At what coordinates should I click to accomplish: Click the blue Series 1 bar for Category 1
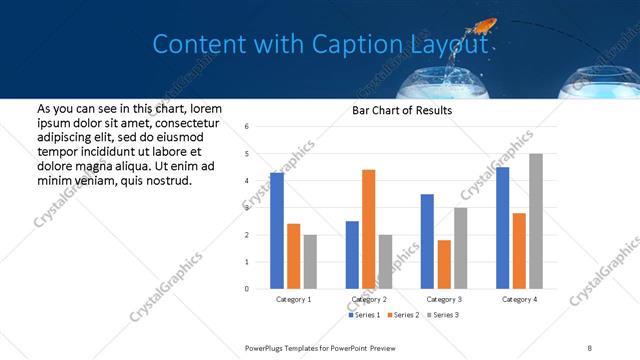[277, 231]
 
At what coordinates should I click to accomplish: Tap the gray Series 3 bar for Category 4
[536, 221]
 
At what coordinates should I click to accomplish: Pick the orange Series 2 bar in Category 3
[444, 264]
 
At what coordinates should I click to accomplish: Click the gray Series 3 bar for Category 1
[310, 262]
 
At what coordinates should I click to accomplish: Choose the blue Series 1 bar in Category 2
[352, 255]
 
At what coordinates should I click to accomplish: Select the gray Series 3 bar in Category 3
[461, 248]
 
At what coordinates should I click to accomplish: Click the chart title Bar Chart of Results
[402, 110]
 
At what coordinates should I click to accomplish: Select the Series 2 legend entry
[402, 315]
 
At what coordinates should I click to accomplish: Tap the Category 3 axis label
[444, 299]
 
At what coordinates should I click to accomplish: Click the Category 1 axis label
[293, 299]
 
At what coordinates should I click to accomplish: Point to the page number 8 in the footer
[590, 347]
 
